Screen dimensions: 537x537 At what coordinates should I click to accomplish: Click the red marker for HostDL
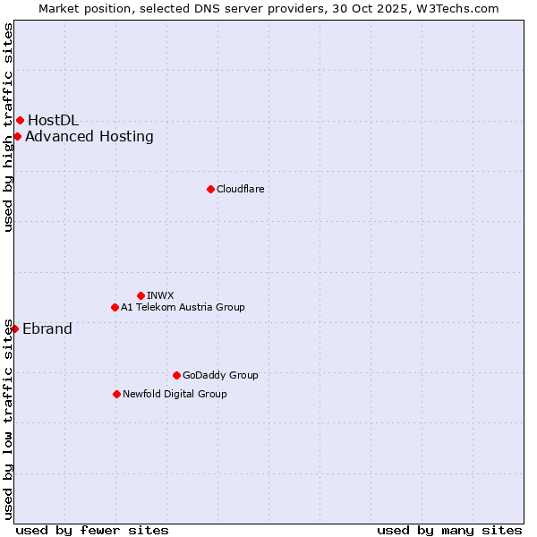click(x=20, y=120)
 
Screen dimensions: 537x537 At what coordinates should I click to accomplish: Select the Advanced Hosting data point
click(x=17, y=136)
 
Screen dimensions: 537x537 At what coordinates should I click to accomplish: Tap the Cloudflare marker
click(x=210, y=189)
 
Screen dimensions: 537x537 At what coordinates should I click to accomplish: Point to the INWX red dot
click(x=141, y=295)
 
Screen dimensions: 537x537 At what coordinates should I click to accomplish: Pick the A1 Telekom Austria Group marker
click(x=115, y=307)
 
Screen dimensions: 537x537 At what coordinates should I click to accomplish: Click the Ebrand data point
click(x=14, y=328)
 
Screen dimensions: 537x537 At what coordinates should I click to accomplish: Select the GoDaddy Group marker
click(x=176, y=375)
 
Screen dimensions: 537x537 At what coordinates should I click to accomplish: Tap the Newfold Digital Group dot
click(x=116, y=394)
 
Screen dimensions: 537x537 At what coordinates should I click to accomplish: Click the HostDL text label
click(x=53, y=120)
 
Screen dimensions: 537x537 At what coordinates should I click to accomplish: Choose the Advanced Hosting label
click(x=89, y=136)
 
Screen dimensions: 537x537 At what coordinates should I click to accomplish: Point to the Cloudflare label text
click(x=240, y=189)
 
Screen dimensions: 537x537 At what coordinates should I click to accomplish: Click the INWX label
click(x=160, y=295)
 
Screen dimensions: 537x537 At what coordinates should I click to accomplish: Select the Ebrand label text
click(x=47, y=328)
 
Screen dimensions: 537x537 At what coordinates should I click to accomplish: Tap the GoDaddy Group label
click(x=220, y=375)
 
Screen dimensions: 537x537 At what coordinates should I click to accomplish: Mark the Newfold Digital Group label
click(x=175, y=394)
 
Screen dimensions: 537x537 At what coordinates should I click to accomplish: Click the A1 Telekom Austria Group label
click(x=183, y=307)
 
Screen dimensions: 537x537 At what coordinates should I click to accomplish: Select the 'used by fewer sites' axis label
click(x=92, y=530)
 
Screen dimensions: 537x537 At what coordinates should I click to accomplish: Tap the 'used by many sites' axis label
click(x=449, y=530)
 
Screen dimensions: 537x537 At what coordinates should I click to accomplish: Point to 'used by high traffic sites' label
click(x=8, y=128)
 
